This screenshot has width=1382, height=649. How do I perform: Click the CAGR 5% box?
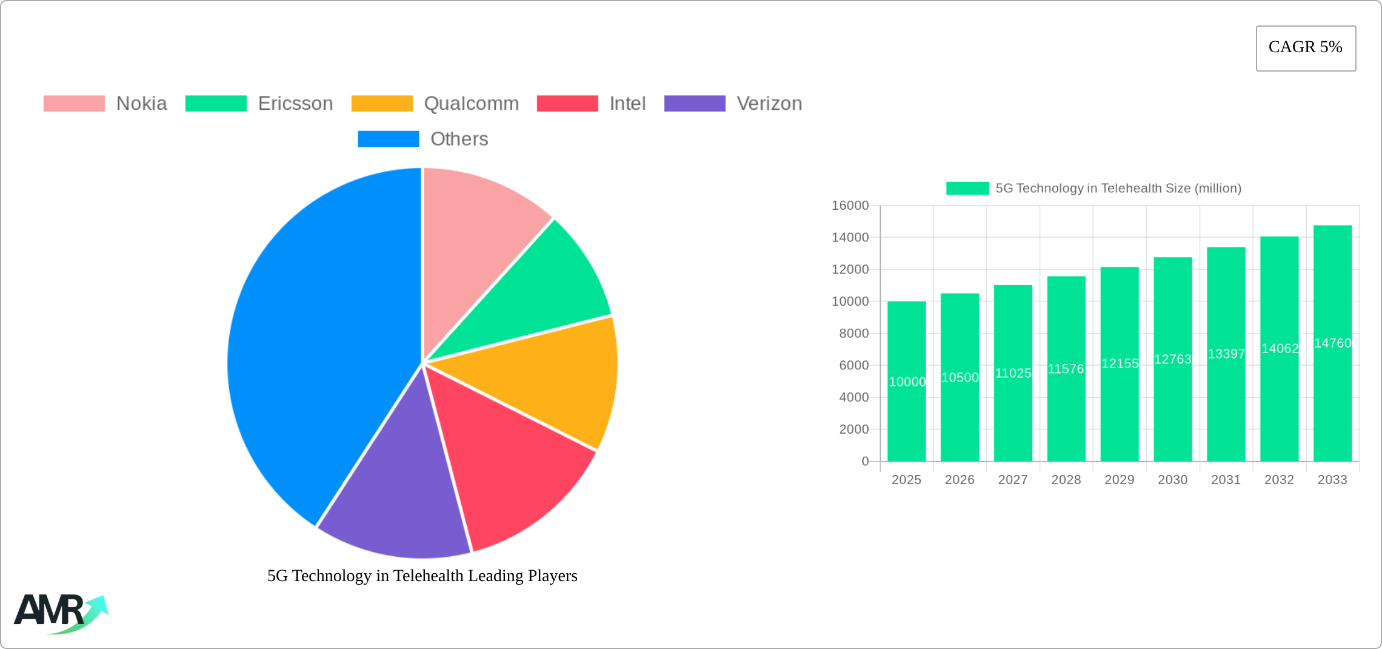click(1306, 48)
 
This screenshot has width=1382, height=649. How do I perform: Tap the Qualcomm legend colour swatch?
click(382, 104)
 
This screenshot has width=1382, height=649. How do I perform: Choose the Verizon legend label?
click(769, 104)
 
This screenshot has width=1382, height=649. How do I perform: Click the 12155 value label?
click(1120, 363)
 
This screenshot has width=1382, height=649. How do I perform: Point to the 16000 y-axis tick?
click(850, 206)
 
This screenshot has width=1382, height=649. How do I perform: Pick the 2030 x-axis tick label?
click(1172, 480)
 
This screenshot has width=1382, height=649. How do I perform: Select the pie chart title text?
click(422, 576)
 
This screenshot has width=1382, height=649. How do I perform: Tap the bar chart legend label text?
click(1118, 189)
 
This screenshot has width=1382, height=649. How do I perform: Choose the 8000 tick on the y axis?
click(853, 334)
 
